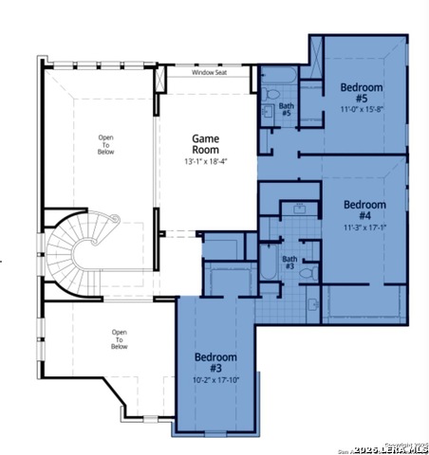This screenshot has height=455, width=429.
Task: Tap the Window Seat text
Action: click(x=210, y=72)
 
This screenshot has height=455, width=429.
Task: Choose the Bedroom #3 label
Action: click(x=214, y=362)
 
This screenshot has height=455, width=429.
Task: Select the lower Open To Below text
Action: click(x=119, y=339)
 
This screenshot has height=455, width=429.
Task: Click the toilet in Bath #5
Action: click(x=270, y=96)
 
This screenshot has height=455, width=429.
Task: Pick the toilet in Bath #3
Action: click(x=307, y=271)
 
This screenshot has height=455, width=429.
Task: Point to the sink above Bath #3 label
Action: click(x=299, y=209)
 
